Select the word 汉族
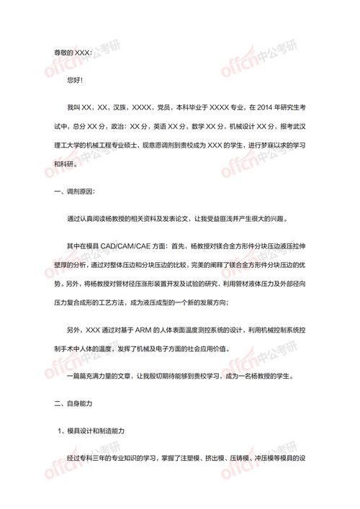(122, 107)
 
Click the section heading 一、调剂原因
(74, 192)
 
